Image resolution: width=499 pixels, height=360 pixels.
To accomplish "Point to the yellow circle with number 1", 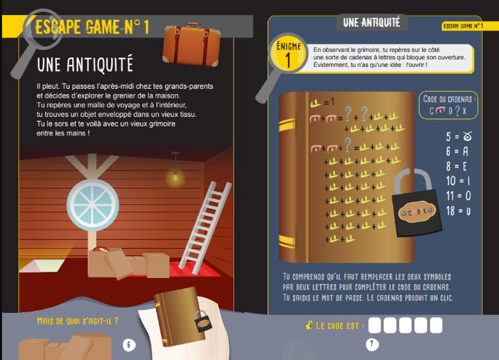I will click(x=288, y=56).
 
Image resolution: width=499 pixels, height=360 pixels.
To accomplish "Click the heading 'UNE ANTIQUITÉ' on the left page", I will click(x=85, y=65).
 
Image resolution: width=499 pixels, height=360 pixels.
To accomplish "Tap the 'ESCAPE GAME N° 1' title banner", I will click(x=92, y=29).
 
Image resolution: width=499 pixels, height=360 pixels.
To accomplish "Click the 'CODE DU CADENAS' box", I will click(x=448, y=105).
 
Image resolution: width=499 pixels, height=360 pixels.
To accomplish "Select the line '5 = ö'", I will click(x=459, y=136).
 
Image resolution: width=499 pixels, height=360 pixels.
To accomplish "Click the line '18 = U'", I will click(x=459, y=210).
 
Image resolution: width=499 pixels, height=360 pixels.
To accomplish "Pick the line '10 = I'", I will click(x=459, y=180).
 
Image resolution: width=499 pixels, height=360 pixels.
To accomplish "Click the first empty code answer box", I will click(x=374, y=326).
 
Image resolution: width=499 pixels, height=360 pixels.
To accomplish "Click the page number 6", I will click(x=129, y=345).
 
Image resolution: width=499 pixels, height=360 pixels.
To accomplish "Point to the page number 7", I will click(x=371, y=344).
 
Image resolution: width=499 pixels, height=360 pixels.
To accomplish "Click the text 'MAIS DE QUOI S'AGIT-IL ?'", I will click(x=78, y=322).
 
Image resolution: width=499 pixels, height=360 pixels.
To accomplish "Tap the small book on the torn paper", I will click(x=178, y=318).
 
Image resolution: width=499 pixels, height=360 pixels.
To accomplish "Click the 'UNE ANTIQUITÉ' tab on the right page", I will click(x=370, y=23).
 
